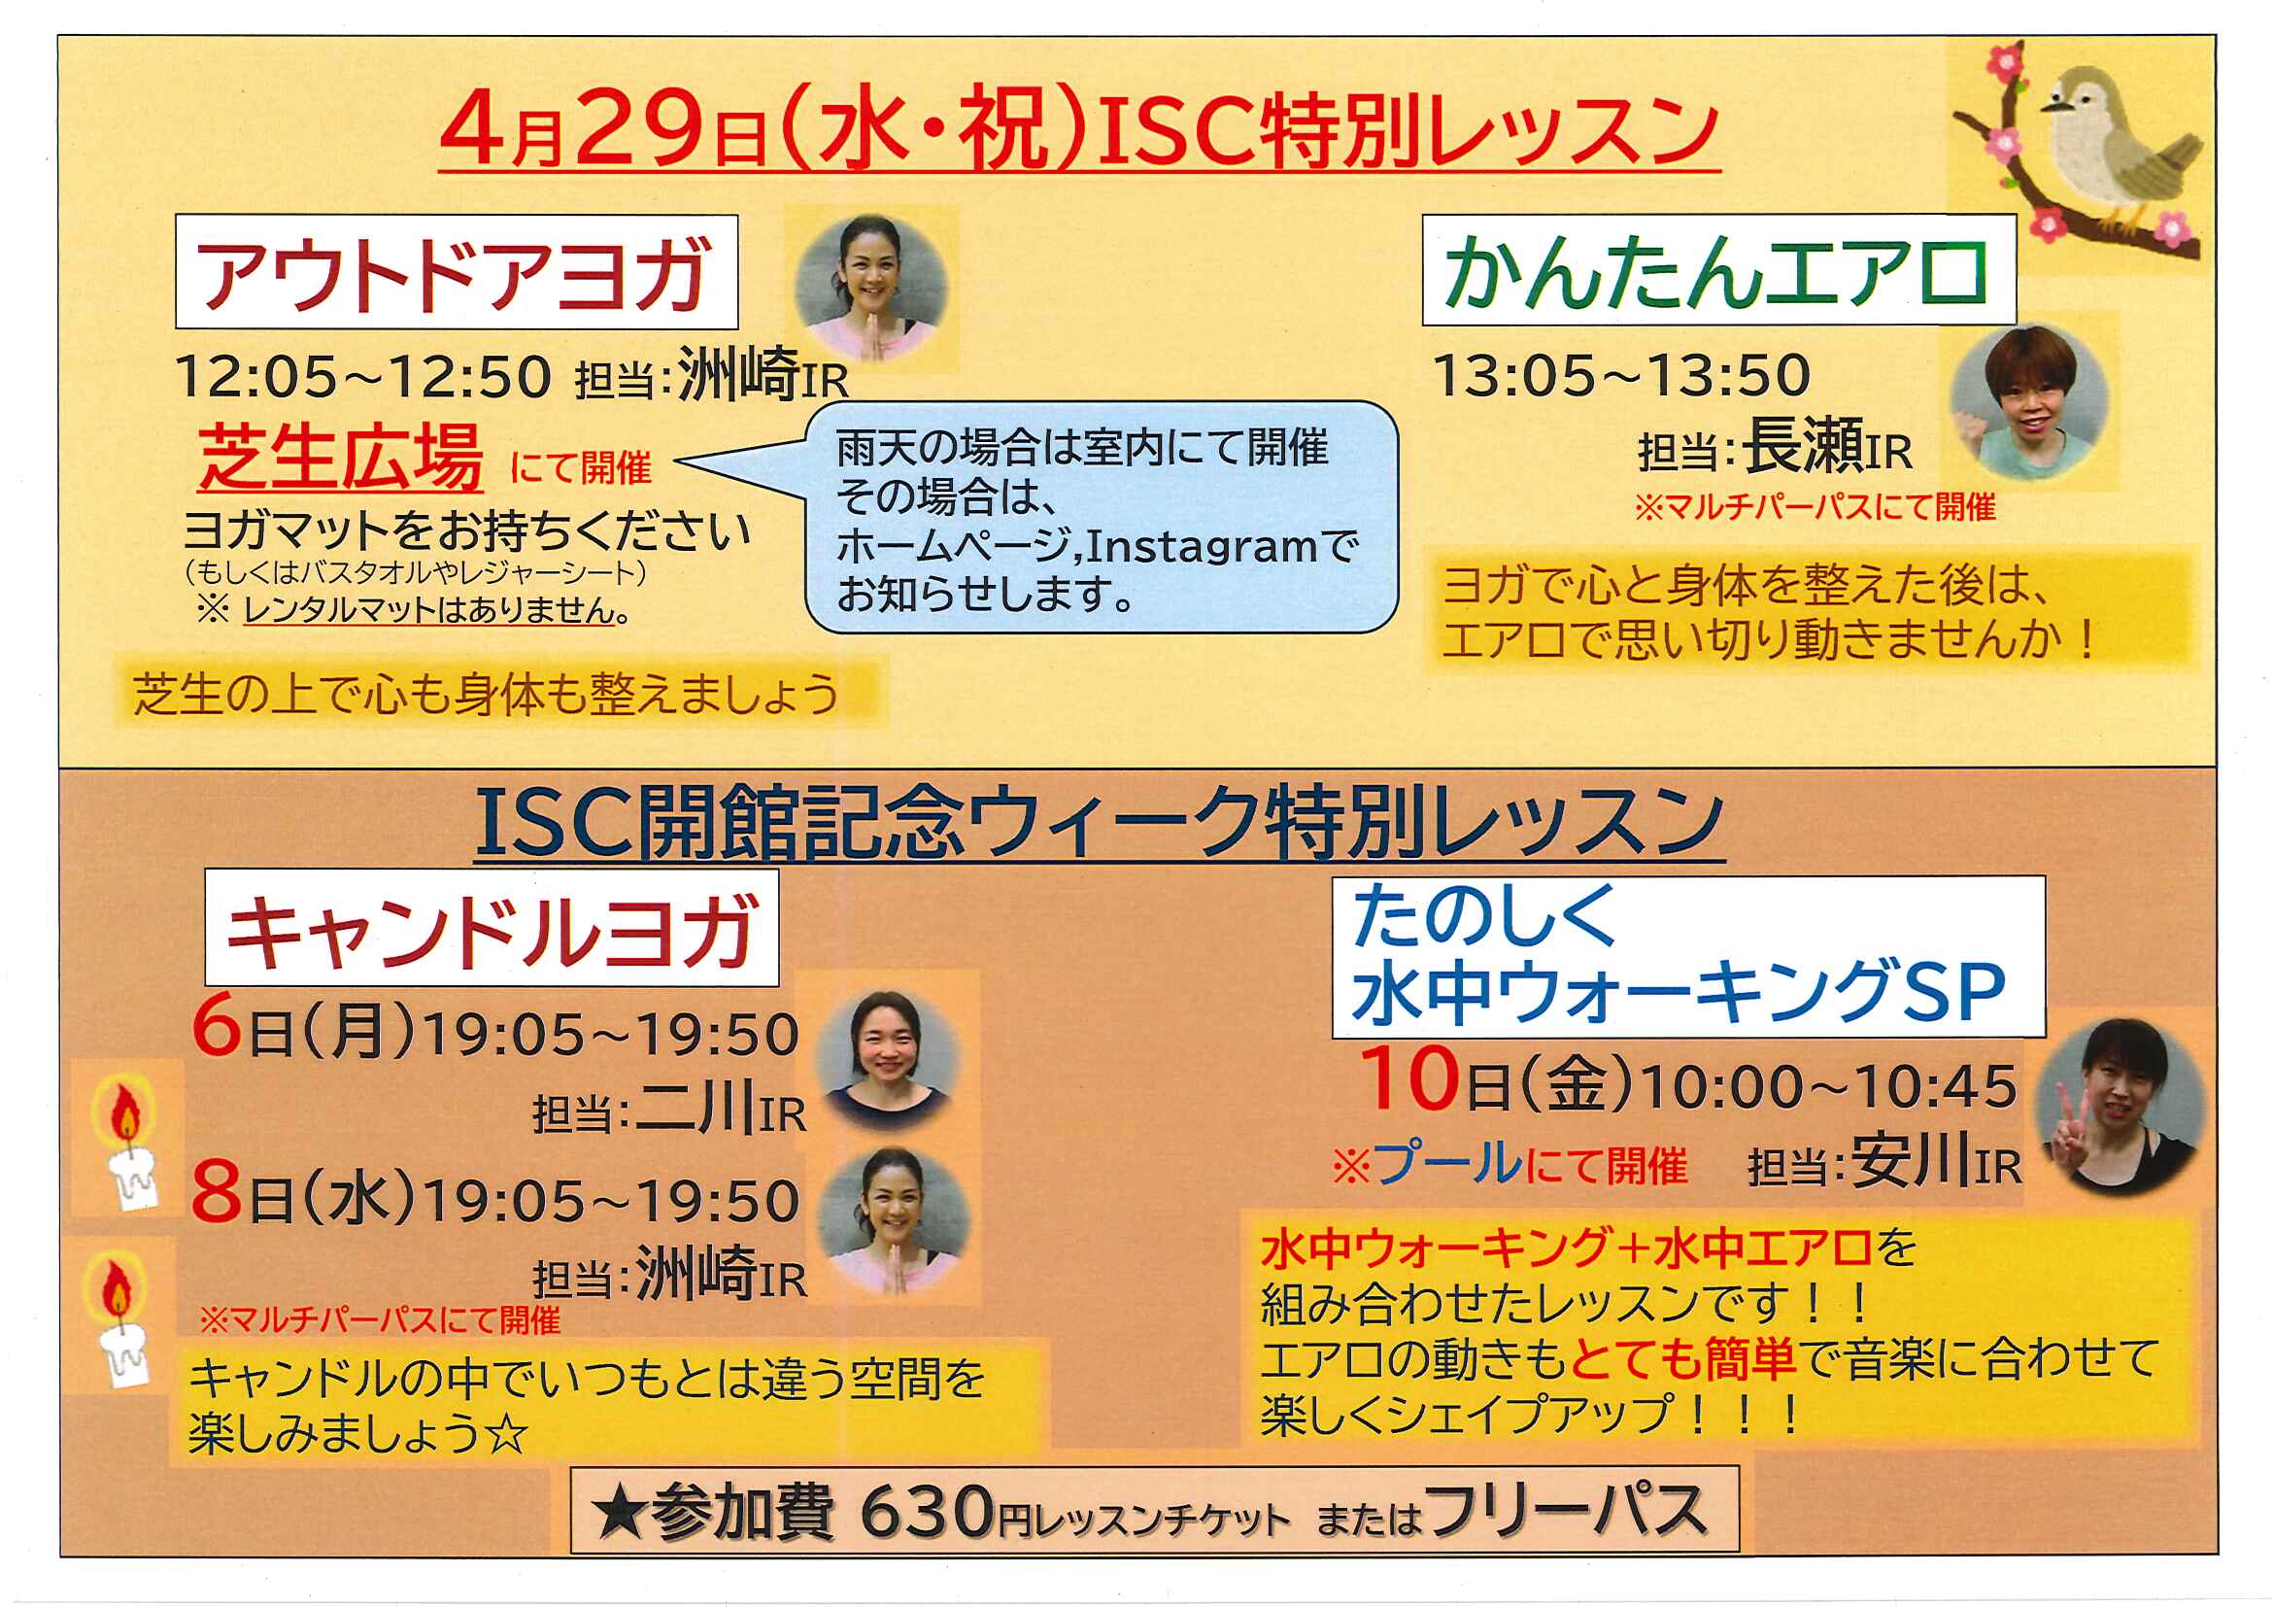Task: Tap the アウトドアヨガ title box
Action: (457, 271)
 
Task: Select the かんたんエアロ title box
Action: (1718, 270)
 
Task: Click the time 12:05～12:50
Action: (362, 376)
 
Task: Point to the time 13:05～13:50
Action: (1621, 375)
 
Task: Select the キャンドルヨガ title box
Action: (492, 928)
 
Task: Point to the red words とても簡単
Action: (1683, 1358)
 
